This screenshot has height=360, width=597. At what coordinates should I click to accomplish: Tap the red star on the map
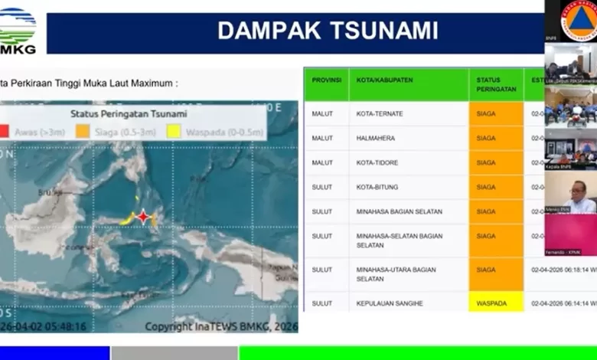pos(143,217)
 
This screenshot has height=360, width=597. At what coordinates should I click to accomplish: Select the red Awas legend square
pos(5,132)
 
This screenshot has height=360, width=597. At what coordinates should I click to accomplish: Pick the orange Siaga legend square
pos(83,132)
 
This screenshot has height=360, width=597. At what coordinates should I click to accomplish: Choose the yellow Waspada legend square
pos(174,132)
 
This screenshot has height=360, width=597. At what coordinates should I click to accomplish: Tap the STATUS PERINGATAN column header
pos(495,84)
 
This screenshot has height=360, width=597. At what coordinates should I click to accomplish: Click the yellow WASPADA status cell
pos(495,303)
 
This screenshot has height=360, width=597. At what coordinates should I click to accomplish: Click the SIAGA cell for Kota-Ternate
pos(495,114)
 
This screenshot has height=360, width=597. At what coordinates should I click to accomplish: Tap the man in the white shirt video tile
pos(572,196)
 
